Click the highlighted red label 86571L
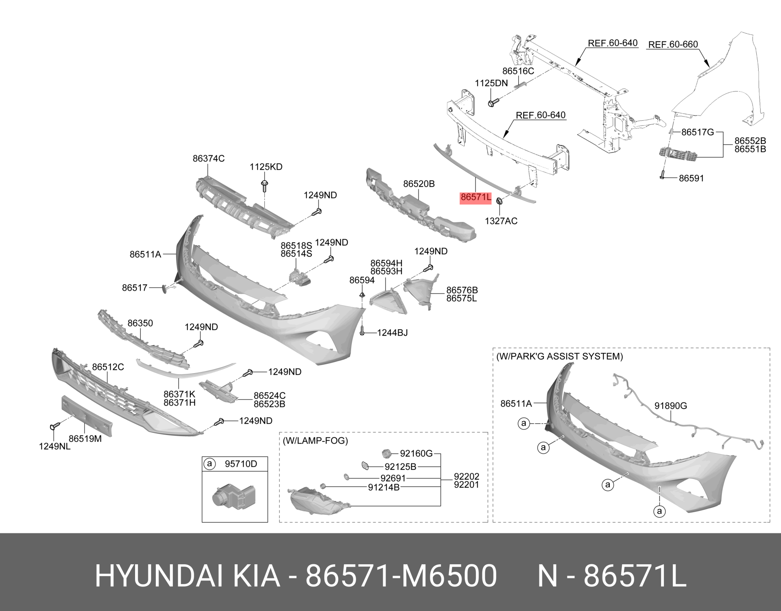tap(476, 198)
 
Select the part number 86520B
tap(419, 184)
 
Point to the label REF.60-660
tap(673, 44)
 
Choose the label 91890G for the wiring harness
tap(671, 405)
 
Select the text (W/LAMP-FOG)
tap(316, 440)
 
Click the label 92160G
tap(416, 453)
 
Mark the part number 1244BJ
tap(392, 333)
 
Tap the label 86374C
tap(209, 159)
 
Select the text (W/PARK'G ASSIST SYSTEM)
tap(560, 356)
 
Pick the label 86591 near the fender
tap(691, 178)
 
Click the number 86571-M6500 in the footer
tap(401, 576)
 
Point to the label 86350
tap(140, 323)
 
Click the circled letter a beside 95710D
tap(209, 464)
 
